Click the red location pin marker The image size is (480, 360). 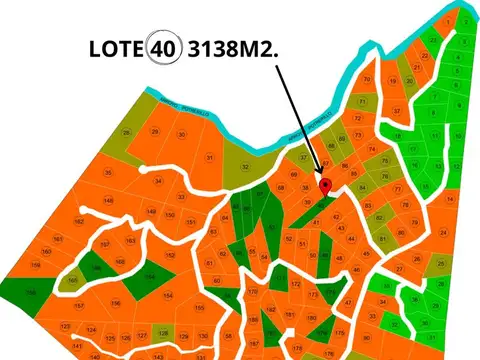pos(324,185)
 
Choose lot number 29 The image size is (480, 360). pos(154,131)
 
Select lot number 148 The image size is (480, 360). pos(108,200)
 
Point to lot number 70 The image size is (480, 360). pos(367,79)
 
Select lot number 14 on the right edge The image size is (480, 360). pos(449,200)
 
